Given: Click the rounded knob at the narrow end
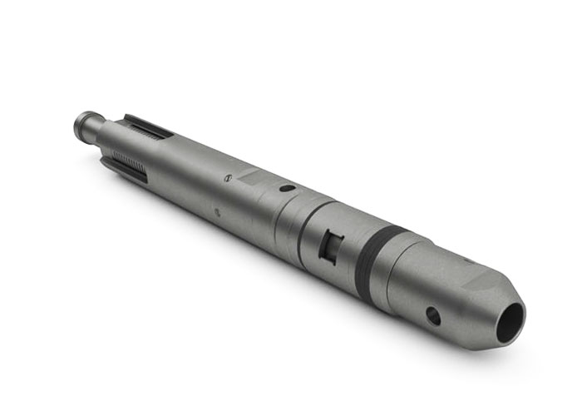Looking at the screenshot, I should [x=83, y=124].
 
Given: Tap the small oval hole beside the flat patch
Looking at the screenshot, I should [x=286, y=189].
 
